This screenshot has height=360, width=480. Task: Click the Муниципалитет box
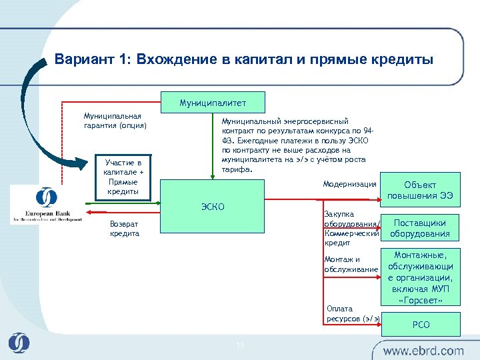click(x=213, y=103)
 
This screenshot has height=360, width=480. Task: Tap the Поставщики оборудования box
click(x=420, y=229)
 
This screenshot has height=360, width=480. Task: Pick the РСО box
click(x=421, y=325)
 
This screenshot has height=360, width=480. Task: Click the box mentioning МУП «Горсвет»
click(x=421, y=277)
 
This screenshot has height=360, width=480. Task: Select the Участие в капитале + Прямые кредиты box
click(x=122, y=177)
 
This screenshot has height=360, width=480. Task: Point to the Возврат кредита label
click(x=125, y=229)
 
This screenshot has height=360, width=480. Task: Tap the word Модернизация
click(x=349, y=184)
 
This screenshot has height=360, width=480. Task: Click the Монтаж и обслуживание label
click(x=351, y=265)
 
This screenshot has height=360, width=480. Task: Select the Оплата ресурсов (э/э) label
click(x=353, y=313)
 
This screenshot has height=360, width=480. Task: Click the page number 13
click(x=241, y=344)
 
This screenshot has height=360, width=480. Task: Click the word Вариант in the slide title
click(x=78, y=60)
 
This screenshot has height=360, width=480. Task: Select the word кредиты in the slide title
click(x=403, y=60)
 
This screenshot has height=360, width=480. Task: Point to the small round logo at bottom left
click(x=19, y=343)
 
